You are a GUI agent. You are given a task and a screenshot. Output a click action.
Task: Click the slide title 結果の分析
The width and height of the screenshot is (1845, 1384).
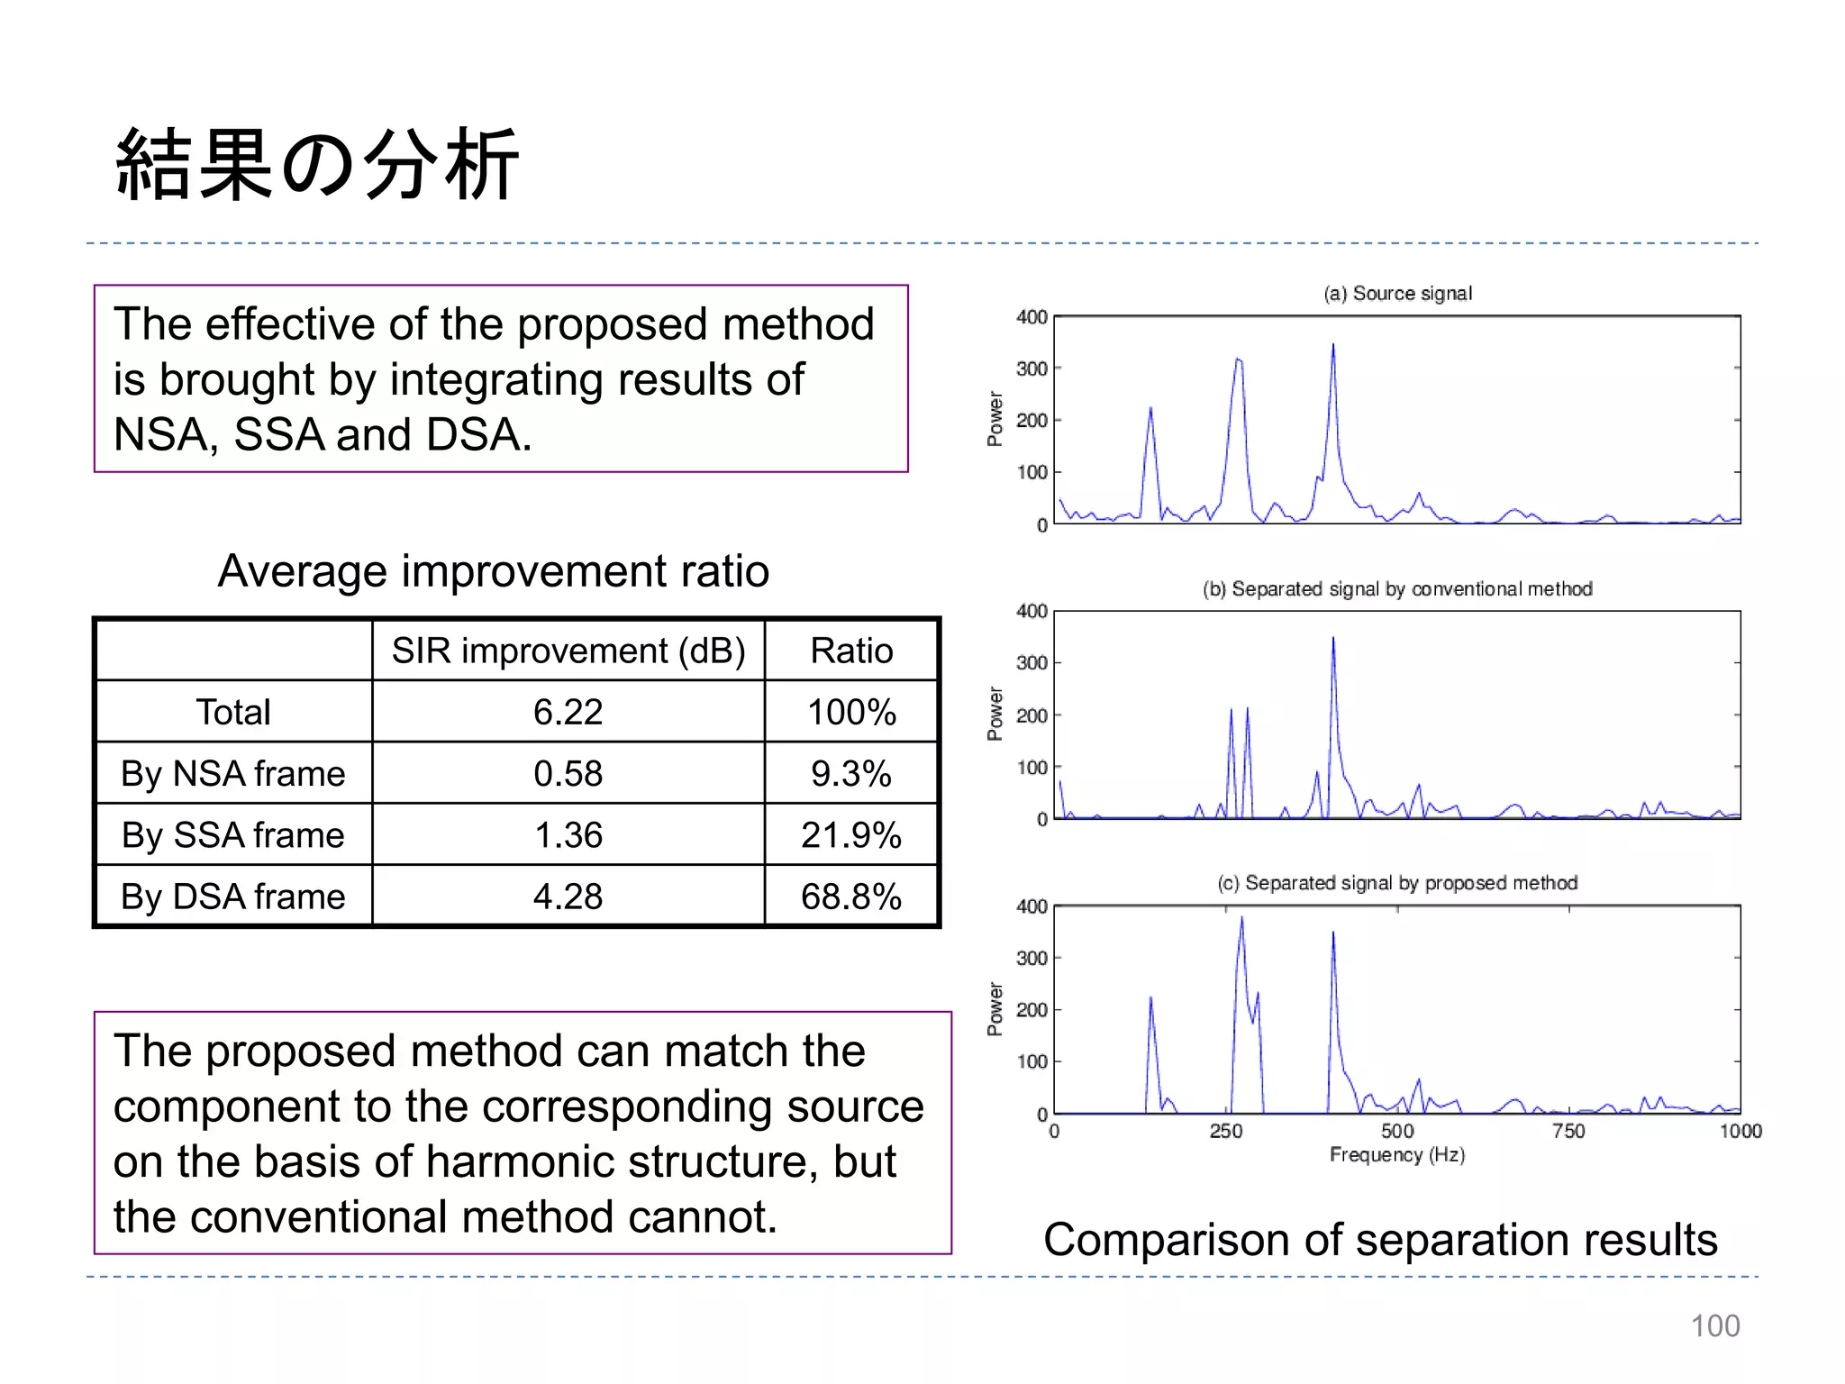(x=317, y=165)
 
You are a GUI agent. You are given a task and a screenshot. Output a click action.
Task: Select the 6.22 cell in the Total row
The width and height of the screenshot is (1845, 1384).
(x=568, y=712)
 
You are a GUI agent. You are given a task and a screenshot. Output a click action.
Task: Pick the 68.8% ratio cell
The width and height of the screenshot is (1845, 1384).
(x=850, y=897)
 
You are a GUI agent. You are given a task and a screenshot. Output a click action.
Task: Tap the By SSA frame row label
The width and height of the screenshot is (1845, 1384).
(x=233, y=835)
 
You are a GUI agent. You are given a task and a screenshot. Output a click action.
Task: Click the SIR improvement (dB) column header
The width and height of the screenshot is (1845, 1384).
(x=568, y=651)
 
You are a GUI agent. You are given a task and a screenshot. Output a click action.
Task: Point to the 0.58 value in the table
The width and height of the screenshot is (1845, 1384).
(x=568, y=774)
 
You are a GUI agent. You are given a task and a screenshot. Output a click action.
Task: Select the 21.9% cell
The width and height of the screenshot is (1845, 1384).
(x=850, y=835)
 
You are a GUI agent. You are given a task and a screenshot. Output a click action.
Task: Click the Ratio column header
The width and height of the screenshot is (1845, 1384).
(x=850, y=651)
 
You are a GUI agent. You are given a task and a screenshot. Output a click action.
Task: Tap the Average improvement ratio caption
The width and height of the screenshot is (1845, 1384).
(x=493, y=571)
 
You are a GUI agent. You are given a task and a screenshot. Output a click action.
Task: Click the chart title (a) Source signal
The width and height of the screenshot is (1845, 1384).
(x=1397, y=294)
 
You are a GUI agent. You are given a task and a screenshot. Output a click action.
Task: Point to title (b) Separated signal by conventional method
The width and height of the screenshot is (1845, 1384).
(x=1397, y=589)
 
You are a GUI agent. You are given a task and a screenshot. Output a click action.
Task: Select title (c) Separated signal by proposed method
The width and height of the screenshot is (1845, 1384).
(x=1397, y=883)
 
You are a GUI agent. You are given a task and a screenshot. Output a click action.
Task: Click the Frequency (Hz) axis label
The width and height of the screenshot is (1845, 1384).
(x=1396, y=1155)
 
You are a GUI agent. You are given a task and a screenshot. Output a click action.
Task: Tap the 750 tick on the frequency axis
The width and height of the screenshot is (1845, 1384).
(x=1568, y=1131)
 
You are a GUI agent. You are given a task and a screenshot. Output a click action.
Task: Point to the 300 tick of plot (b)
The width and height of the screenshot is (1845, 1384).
(x=1032, y=663)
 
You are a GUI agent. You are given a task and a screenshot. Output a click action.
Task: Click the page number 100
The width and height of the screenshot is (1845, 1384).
(x=1714, y=1326)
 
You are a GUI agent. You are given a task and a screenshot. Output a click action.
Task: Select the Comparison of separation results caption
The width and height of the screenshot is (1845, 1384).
(x=1380, y=1240)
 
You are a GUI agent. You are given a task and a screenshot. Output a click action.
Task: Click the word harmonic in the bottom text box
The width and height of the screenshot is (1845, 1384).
(x=521, y=1161)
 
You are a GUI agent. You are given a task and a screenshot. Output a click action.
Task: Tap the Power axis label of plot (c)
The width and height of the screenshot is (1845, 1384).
(x=995, y=1009)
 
